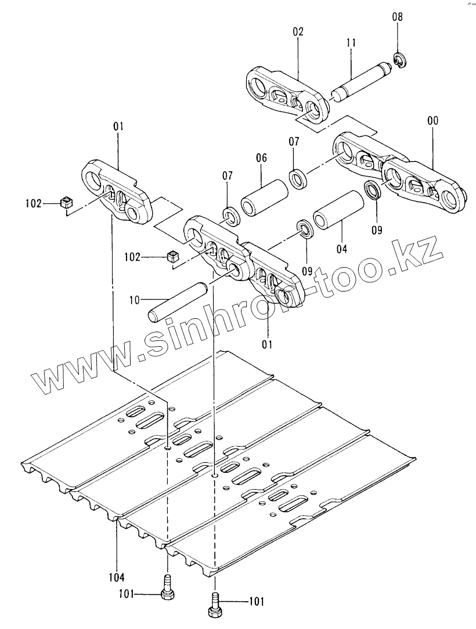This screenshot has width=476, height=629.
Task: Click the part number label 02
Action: [298, 33]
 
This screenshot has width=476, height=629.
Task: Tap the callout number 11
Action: [351, 44]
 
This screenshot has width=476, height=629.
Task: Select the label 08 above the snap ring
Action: [397, 17]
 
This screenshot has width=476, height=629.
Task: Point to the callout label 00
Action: [432, 121]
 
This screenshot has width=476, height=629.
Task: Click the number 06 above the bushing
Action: [261, 157]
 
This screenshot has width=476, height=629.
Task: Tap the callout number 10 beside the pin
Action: [135, 300]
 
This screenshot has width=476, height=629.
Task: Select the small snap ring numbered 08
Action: [398, 60]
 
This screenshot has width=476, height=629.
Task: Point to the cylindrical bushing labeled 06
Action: [265, 199]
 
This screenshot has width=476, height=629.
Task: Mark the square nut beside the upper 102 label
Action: [66, 203]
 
